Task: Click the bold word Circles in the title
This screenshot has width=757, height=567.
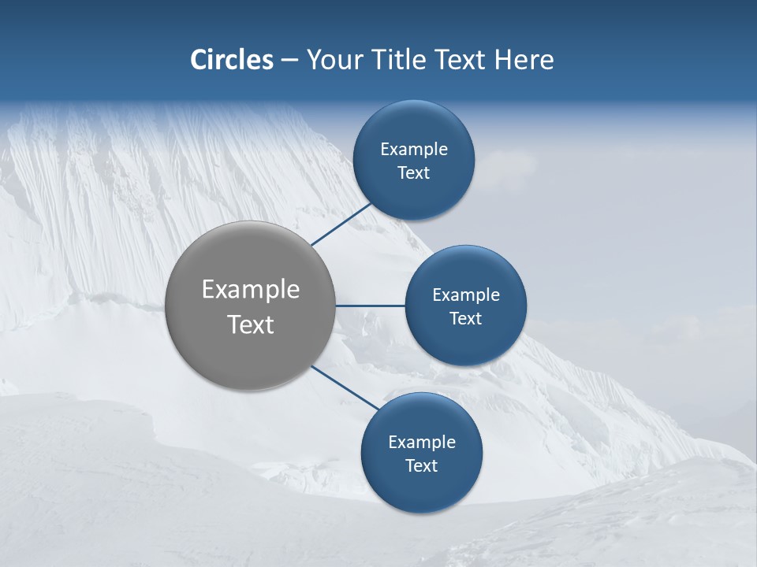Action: click(x=231, y=60)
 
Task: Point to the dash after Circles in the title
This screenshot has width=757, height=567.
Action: click(x=289, y=61)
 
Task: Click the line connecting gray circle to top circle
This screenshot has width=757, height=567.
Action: click(x=341, y=224)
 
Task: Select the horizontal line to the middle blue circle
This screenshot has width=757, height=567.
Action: click(x=370, y=305)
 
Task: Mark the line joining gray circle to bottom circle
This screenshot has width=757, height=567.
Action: click(x=344, y=386)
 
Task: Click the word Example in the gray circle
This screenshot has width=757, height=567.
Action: click(x=251, y=289)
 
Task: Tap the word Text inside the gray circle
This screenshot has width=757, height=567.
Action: click(x=251, y=324)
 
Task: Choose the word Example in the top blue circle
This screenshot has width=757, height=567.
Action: click(x=413, y=150)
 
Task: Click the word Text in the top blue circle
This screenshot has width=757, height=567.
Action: click(x=413, y=173)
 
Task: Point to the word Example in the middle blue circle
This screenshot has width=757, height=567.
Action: click(x=465, y=295)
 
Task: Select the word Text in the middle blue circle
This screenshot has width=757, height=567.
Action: click(x=465, y=319)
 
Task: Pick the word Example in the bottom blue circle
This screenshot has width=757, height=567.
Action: click(x=421, y=443)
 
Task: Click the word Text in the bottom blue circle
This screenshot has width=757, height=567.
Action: click(x=421, y=466)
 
